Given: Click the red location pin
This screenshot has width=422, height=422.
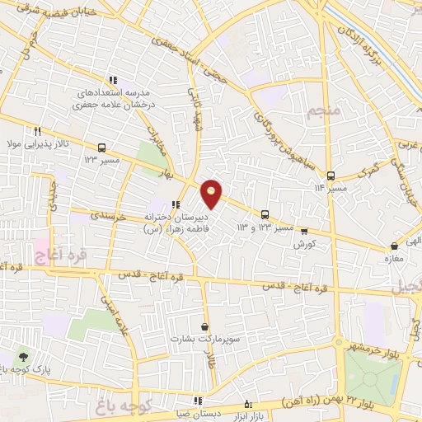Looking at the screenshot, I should (212, 193).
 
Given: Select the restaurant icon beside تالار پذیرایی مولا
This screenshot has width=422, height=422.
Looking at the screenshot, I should (38, 131).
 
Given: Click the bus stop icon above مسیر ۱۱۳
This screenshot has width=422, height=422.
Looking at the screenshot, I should (331, 176).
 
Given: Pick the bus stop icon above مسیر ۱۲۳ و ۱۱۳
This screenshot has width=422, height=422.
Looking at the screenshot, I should (265, 213).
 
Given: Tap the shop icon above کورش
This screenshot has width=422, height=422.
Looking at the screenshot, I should (304, 232).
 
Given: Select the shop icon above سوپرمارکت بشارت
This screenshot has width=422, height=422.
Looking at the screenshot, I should (204, 326).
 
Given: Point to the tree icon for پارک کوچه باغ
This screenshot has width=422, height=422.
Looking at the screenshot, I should (22, 357).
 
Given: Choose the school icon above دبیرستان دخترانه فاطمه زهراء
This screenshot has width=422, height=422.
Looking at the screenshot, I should (175, 205).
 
